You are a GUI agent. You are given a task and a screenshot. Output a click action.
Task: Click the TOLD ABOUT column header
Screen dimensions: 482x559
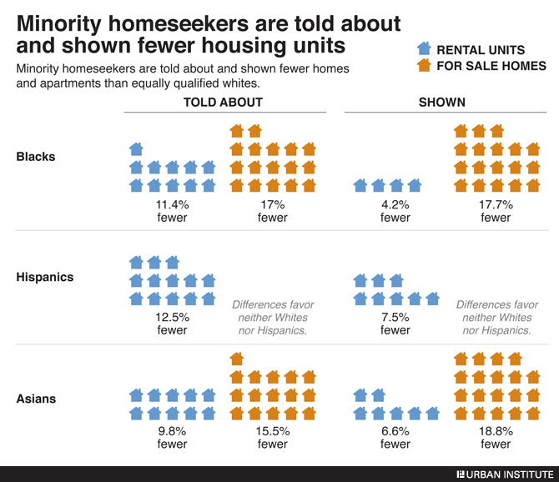(223, 102)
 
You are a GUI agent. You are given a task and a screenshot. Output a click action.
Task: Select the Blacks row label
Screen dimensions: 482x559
(36, 156)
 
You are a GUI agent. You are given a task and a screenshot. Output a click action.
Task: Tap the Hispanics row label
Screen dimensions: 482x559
(45, 277)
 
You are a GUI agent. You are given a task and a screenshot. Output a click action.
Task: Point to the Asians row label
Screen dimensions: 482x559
(36, 398)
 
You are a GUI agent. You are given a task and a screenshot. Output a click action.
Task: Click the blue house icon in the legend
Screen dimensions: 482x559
(423, 49)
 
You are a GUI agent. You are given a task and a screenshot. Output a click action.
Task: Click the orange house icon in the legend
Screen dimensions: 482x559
(423, 65)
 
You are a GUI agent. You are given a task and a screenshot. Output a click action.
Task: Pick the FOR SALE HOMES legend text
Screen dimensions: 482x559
(491, 66)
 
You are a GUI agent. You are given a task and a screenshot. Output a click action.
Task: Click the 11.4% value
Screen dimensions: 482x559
(172, 204)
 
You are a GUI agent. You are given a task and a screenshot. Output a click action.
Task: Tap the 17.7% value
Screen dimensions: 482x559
(496, 204)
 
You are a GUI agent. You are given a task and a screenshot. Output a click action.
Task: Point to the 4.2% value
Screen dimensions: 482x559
(395, 204)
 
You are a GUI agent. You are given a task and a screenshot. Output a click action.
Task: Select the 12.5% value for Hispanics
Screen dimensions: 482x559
(172, 317)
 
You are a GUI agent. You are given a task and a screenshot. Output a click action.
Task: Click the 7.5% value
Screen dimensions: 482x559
(395, 317)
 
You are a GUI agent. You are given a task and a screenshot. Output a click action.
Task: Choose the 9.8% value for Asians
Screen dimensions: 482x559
(172, 431)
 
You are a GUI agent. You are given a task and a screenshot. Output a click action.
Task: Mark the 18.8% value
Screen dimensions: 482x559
(496, 431)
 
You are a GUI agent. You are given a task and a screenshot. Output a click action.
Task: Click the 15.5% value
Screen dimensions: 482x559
(272, 431)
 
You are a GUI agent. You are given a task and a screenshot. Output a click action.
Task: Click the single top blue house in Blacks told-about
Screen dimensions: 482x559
(136, 149)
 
